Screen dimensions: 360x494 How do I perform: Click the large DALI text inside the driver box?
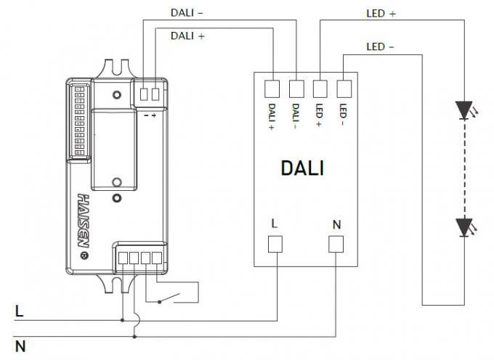pyautogui.click(x=302, y=168)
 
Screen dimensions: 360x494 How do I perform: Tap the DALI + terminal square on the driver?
pyautogui.click(x=272, y=89)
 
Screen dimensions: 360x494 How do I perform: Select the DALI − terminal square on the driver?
pyautogui.click(x=296, y=89)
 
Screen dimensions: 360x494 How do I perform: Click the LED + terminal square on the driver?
pyautogui.click(x=320, y=89)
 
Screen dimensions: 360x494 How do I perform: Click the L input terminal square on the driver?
pyautogui.click(x=275, y=245)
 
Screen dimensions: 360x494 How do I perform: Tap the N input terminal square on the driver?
pyautogui.click(x=336, y=245)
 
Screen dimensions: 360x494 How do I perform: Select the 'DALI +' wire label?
pyautogui.click(x=187, y=35)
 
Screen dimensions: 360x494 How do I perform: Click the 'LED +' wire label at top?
pyautogui.click(x=381, y=13)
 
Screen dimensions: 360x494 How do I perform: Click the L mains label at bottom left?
pyautogui.click(x=19, y=311)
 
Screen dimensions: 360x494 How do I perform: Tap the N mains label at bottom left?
pyautogui.click(x=20, y=346)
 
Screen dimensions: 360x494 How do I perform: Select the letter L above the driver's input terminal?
pyautogui.click(x=274, y=224)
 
